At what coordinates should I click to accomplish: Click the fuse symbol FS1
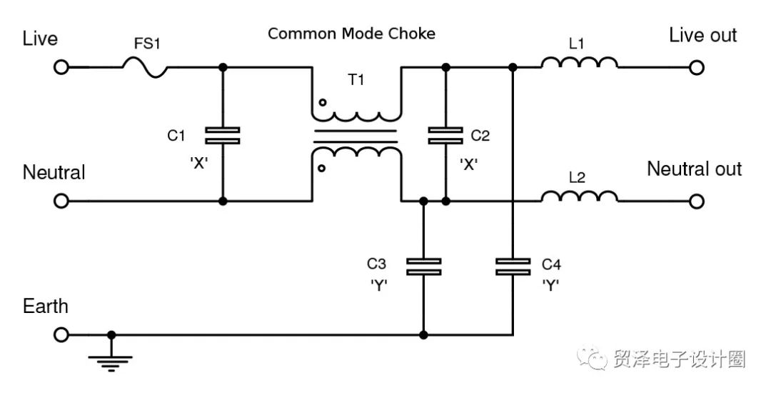[x=145, y=68]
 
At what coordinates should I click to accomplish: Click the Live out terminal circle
[x=697, y=67]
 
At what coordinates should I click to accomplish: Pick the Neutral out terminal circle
[x=697, y=202]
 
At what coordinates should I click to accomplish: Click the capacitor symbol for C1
[x=222, y=135]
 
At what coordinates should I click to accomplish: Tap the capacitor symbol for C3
[x=423, y=267]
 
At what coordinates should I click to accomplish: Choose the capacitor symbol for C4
[x=513, y=267]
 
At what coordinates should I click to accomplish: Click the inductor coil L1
[x=579, y=64]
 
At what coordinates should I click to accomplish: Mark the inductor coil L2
[x=579, y=197]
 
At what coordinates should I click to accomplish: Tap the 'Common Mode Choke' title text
[x=351, y=34]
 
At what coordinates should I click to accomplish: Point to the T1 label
[x=356, y=80]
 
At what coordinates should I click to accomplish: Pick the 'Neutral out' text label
[x=694, y=169]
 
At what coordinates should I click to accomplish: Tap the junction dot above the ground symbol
[x=111, y=334]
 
